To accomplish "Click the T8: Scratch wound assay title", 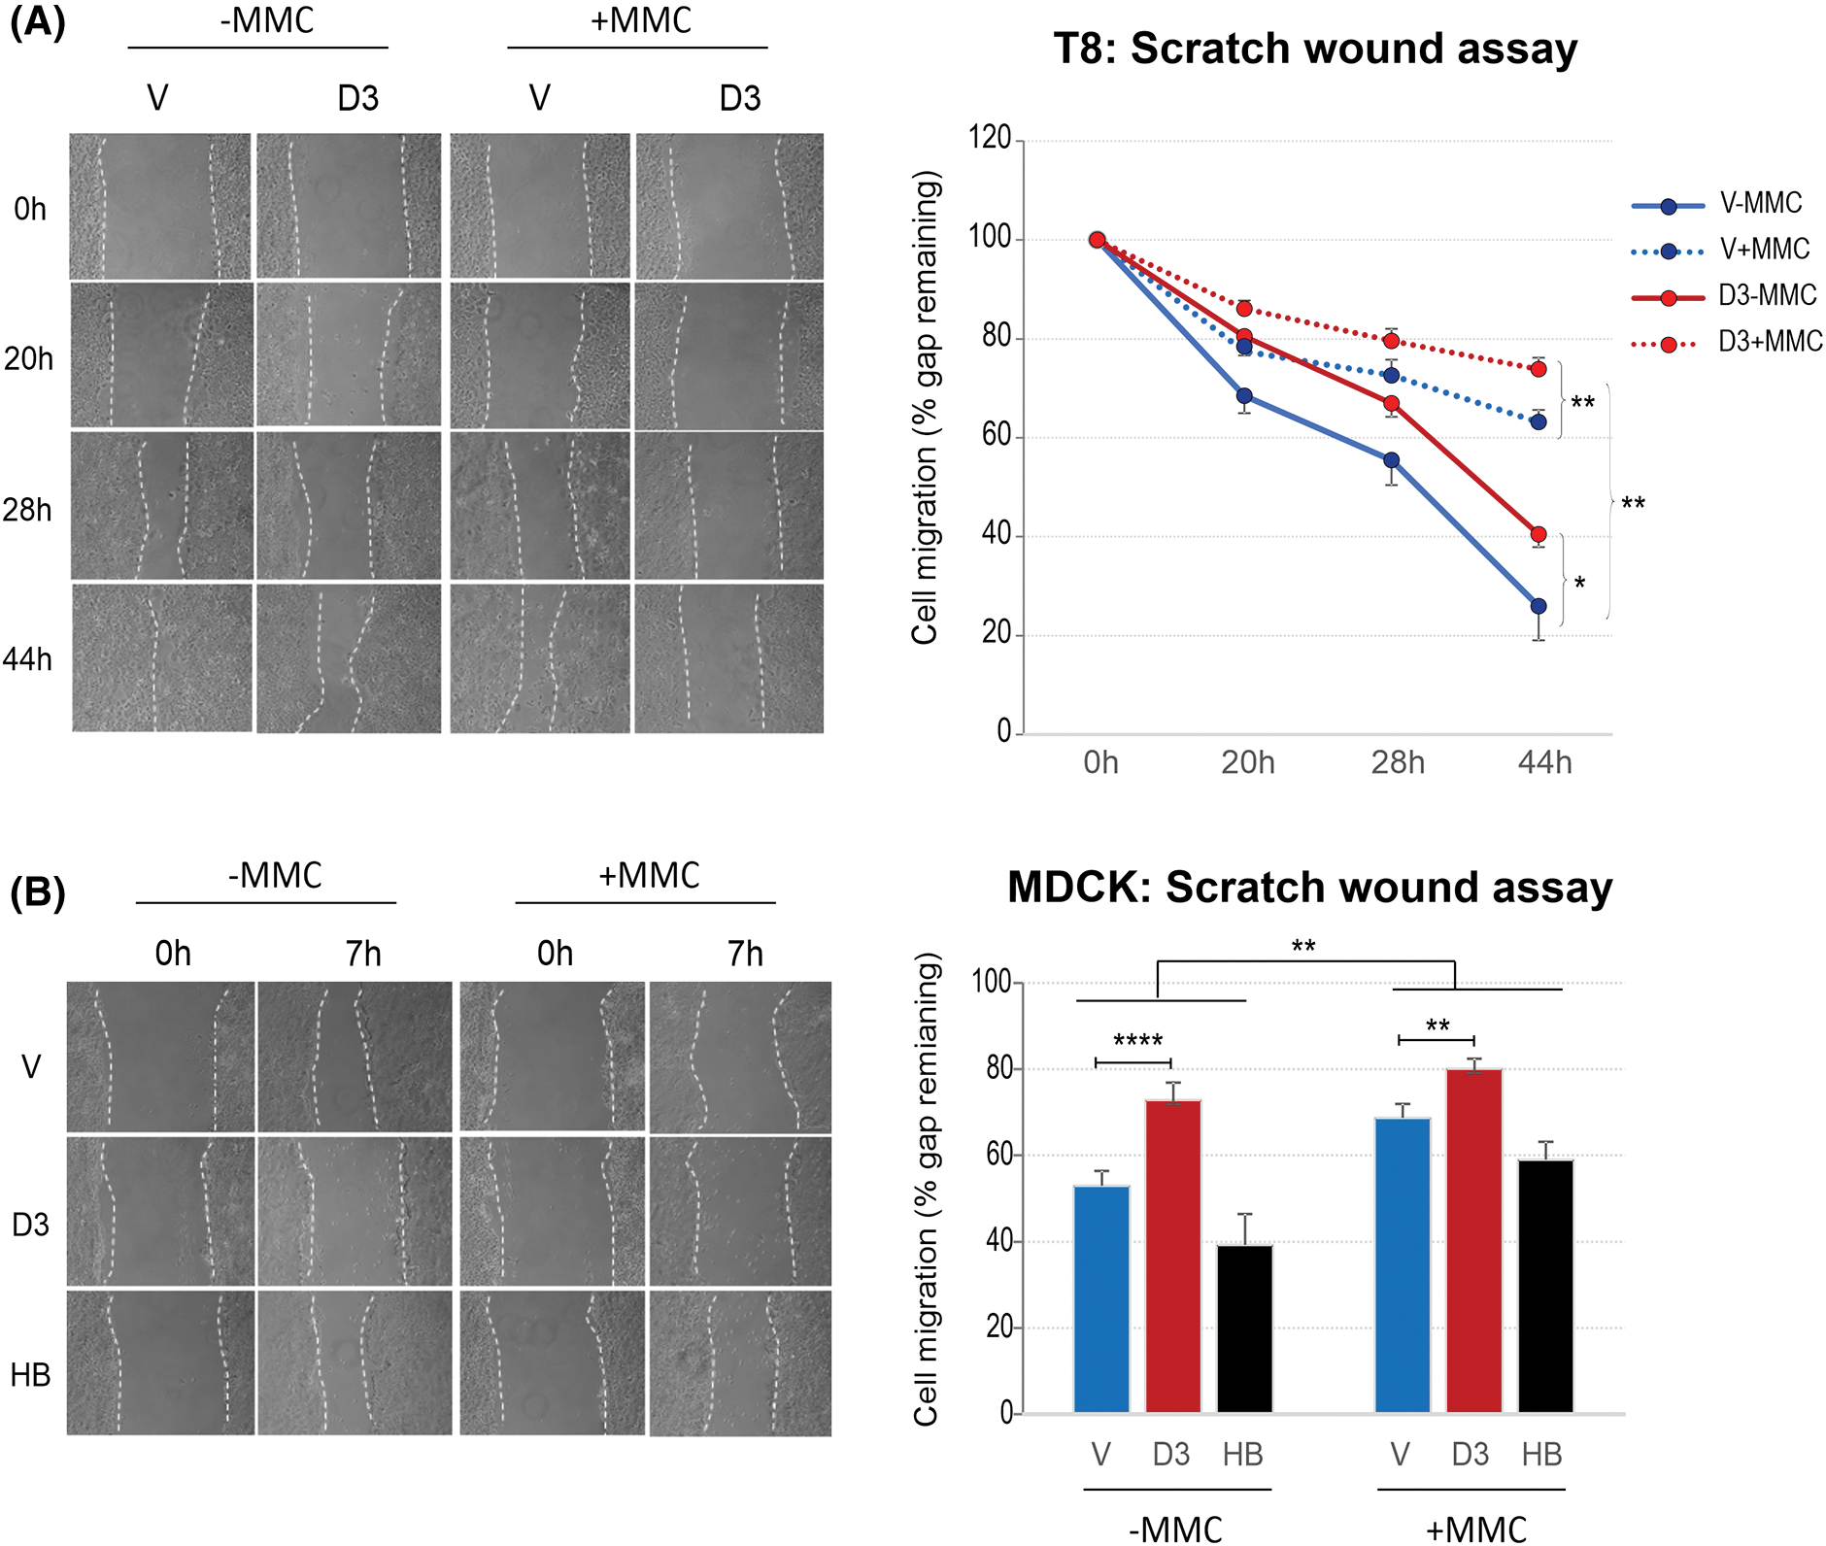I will click(1315, 49).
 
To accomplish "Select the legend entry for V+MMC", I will click(1764, 250).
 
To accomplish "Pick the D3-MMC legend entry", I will click(1767, 295).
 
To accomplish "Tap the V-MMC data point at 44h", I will click(1539, 607).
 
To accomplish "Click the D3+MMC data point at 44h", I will click(1539, 369).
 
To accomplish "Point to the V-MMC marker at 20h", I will click(1244, 396).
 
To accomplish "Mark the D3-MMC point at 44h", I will click(1539, 535).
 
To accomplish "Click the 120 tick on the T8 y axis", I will click(990, 138).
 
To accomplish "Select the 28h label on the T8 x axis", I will click(1398, 763).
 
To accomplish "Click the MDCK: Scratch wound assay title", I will click(1309, 888).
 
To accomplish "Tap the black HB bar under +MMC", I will click(1545, 1286).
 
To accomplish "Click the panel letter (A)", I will click(37, 21).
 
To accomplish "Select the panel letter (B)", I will click(37, 892).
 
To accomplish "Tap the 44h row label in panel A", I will click(27, 660).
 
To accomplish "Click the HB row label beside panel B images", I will click(30, 1375).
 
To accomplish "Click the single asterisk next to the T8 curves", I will click(1579, 584).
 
